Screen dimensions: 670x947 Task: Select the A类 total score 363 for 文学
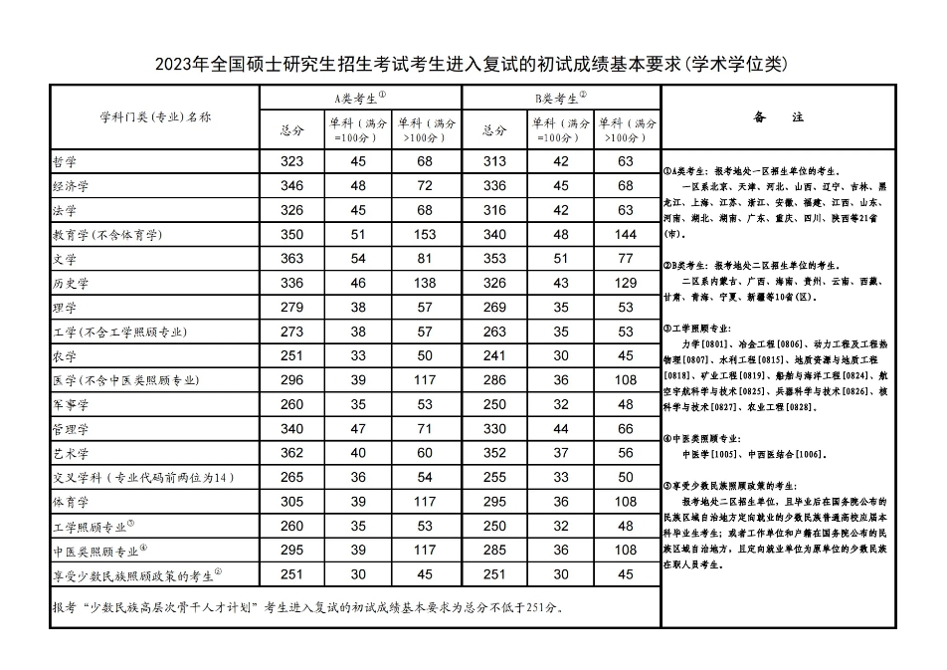[291, 259]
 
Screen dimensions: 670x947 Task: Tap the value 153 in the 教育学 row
[426, 235]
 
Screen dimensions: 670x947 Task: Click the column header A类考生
[359, 98]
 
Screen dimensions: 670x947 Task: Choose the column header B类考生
[561, 98]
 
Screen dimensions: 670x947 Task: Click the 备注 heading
[779, 117]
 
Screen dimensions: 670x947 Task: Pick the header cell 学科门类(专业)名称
[154, 116]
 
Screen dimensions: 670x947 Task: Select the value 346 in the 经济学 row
[291, 186]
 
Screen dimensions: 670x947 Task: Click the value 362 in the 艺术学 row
[291, 453]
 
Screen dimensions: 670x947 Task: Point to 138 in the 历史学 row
[426, 284]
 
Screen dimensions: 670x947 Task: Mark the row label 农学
[65, 356]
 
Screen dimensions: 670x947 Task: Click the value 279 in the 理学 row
[291, 308]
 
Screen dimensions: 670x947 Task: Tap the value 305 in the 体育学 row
[291, 502]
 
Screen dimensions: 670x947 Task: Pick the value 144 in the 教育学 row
[626, 235]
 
